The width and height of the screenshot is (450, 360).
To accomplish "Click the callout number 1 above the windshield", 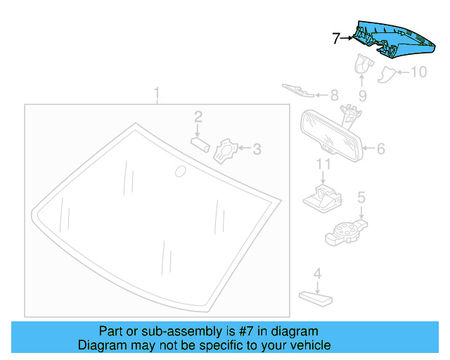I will [x=157, y=93].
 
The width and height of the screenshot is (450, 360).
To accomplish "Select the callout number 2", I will [x=199, y=116].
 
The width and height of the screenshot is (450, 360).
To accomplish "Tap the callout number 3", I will [x=257, y=148].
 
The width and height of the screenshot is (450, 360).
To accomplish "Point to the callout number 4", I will [x=317, y=274].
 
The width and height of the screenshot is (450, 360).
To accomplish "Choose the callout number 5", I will [x=361, y=198].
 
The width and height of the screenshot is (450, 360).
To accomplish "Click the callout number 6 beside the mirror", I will [x=380, y=148].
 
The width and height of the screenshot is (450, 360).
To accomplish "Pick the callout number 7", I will [x=336, y=38].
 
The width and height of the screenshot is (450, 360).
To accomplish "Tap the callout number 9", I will [x=362, y=95].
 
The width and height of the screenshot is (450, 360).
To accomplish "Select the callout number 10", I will [x=418, y=72].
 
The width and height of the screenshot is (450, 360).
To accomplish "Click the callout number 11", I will [x=323, y=165].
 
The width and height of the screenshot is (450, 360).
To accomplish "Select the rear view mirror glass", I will [x=330, y=133].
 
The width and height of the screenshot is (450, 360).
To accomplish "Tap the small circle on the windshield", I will [x=180, y=171].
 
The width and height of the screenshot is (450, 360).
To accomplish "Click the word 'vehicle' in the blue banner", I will [x=307, y=346].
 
